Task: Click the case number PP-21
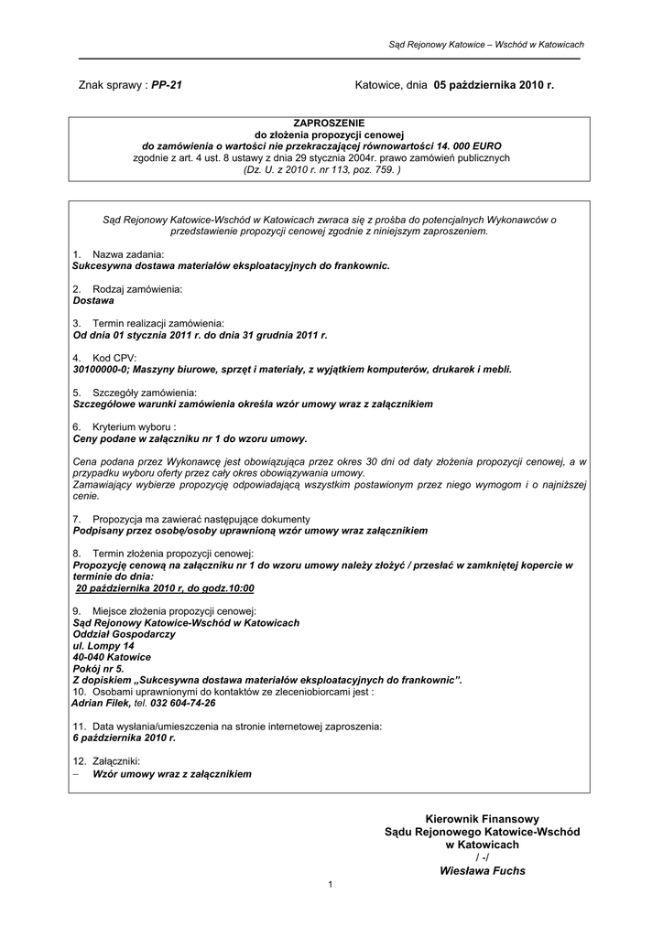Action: (x=167, y=84)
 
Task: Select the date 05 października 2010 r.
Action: (x=495, y=84)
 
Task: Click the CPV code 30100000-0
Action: (x=103, y=370)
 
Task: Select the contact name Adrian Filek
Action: (x=101, y=704)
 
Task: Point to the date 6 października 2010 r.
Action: (x=123, y=737)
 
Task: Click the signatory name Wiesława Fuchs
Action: (x=482, y=871)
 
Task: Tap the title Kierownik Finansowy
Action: (x=482, y=818)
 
